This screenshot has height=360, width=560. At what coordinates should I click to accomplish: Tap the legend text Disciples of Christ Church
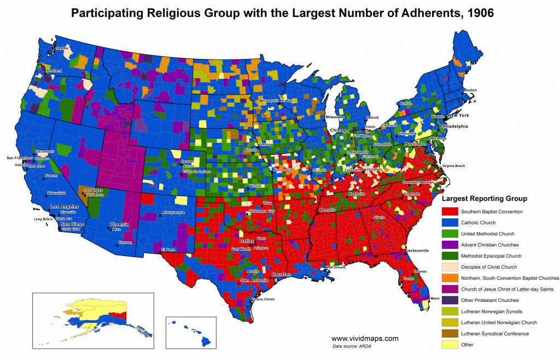tap(488, 267)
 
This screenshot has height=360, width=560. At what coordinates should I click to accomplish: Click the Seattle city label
tap(61, 48)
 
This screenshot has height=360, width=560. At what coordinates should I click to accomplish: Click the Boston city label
tap(470, 90)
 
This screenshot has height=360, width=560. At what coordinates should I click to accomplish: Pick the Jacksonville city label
tap(417, 250)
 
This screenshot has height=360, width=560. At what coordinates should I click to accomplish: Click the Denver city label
tap(188, 161)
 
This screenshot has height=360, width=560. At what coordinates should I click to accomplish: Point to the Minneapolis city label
tap(269, 101)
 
